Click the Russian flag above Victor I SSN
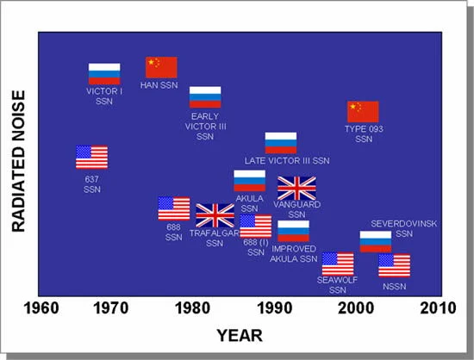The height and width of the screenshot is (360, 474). pos(104,74)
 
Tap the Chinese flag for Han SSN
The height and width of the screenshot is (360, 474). pos(161,67)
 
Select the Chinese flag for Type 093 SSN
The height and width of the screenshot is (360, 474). pos(363,112)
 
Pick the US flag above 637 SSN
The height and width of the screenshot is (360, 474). pos(91,157)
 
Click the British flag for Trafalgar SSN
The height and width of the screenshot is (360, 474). pos(215,215)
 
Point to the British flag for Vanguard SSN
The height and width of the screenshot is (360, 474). pos(297,188)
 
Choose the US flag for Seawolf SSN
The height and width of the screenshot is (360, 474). pos(338,264)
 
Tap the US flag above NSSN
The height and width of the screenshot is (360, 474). pos(394,265)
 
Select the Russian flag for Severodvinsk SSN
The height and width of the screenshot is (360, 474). pos(376,241)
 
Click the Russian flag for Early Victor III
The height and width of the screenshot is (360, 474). pos(205,97)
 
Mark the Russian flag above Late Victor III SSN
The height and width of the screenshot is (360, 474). pos(281,143)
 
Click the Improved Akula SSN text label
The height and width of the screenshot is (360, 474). pos(294,253)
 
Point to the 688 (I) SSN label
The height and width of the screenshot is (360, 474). pos(255,247)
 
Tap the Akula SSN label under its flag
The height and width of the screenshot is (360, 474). pos(250,202)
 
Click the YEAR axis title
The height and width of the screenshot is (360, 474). pos(239,335)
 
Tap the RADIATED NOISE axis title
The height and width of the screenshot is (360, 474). pos(17,164)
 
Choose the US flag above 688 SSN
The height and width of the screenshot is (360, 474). pos(174,208)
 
